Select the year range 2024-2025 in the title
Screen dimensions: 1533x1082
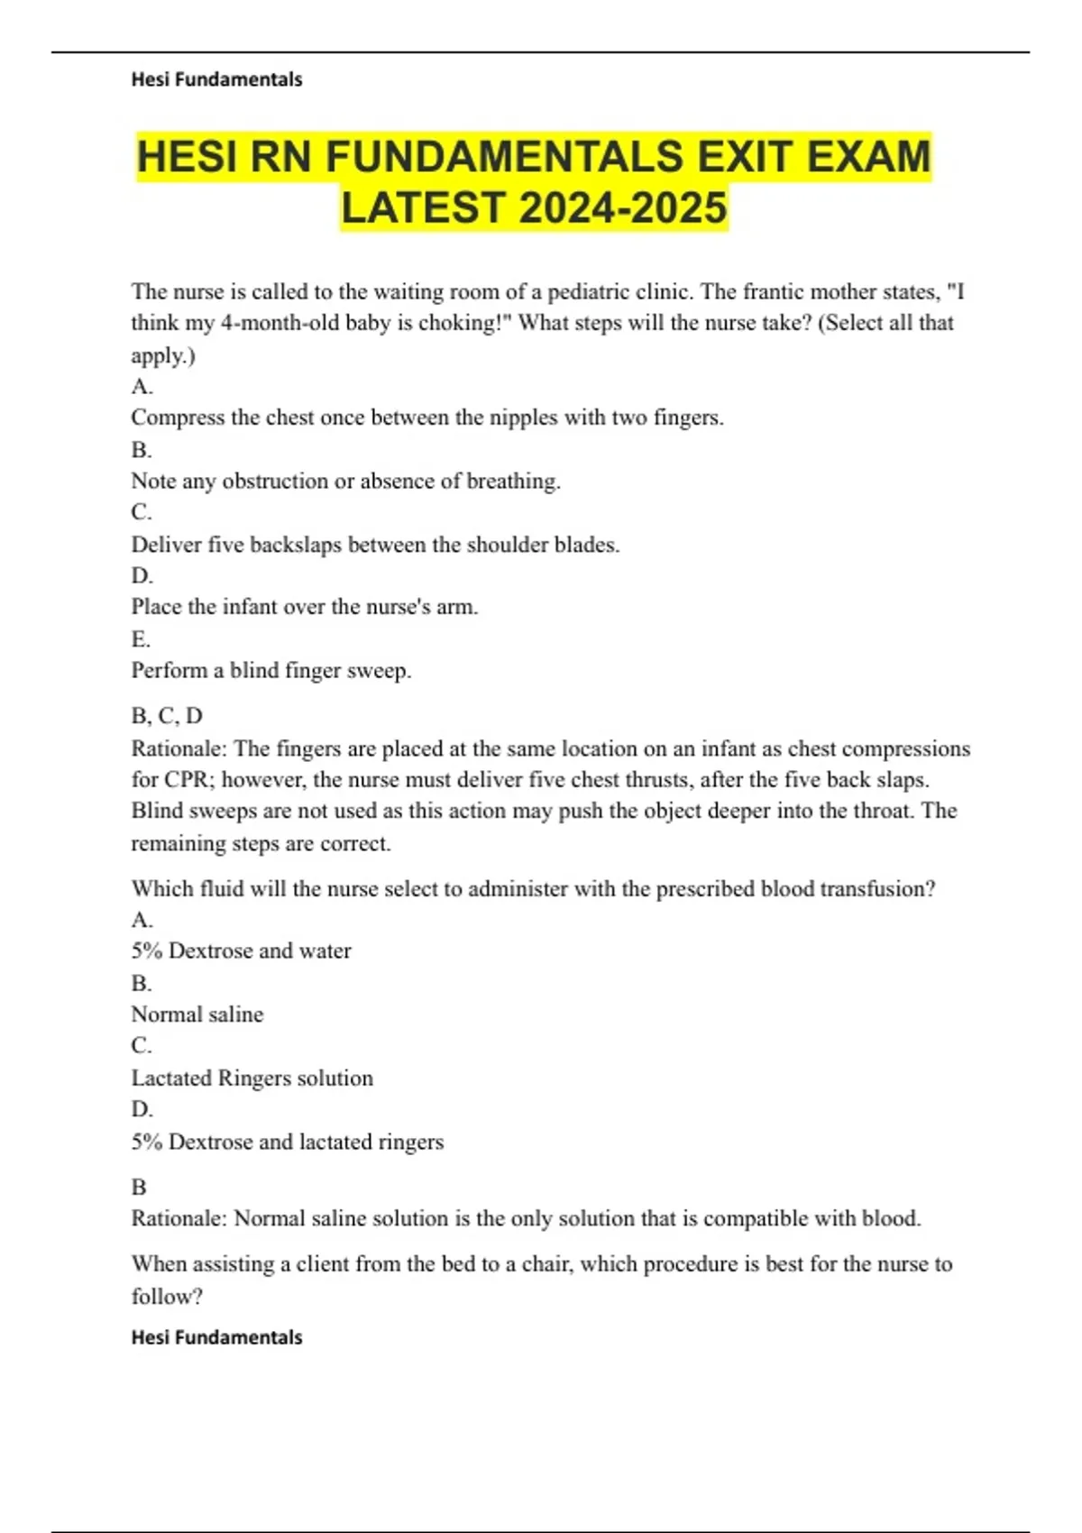[x=623, y=208]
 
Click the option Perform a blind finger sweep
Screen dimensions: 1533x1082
[x=270, y=670]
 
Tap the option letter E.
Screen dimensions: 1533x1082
[x=140, y=639]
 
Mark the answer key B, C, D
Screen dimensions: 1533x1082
[x=167, y=716]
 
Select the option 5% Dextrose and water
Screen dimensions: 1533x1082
[x=241, y=950]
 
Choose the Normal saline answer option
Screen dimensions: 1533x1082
[x=197, y=1014]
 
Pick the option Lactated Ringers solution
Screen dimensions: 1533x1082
[x=252, y=1078]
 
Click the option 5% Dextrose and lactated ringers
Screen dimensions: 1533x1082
[x=287, y=1142]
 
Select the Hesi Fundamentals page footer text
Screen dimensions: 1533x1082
[x=216, y=1337]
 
